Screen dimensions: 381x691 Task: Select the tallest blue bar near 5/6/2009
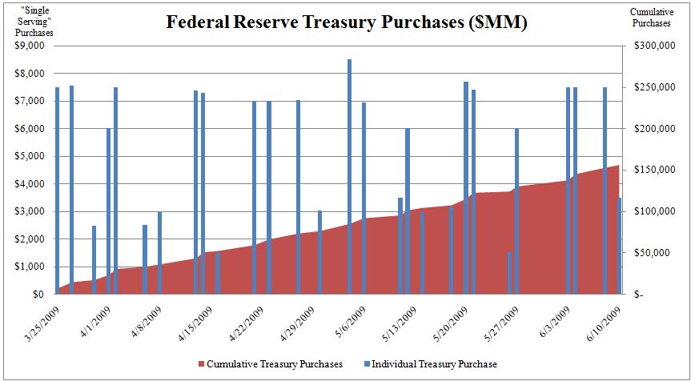(349, 176)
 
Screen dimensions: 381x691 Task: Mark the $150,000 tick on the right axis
(649, 170)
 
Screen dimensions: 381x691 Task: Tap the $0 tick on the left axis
(36, 295)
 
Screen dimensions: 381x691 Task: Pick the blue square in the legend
(365, 364)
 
